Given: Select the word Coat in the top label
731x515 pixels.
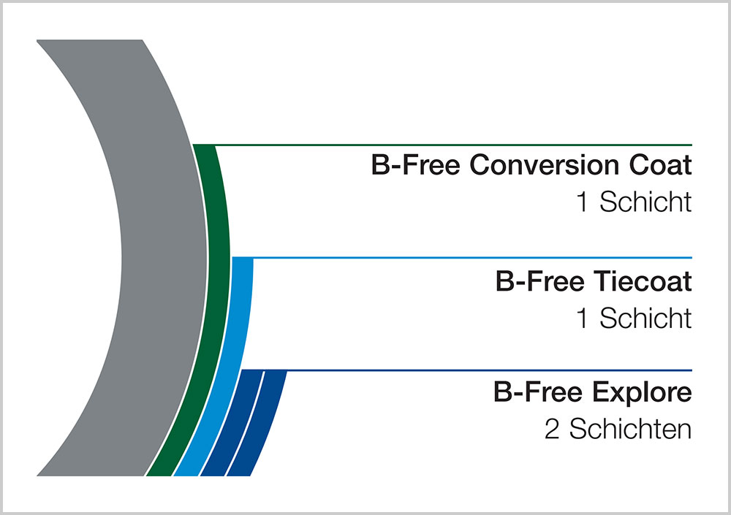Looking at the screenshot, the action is pyautogui.click(x=660, y=165).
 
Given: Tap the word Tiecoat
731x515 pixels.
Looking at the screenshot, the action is pyautogui.click(x=643, y=281).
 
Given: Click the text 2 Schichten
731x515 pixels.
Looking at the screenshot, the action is pyautogui.click(x=618, y=428).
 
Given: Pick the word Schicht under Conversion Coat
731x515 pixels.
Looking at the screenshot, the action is pyautogui.click(x=645, y=202).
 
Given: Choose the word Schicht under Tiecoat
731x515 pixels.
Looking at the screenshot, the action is pyautogui.click(x=645, y=318).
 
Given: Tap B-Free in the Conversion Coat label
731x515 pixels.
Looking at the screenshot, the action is pyautogui.click(x=416, y=165).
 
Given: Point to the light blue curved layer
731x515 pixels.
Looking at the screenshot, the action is pyautogui.click(x=241, y=327).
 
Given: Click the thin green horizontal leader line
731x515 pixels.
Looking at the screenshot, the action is pyautogui.click(x=443, y=145).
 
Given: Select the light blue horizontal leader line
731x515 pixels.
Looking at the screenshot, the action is pyautogui.click(x=462, y=258).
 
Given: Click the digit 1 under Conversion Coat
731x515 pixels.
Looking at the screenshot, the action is pyautogui.click(x=582, y=202).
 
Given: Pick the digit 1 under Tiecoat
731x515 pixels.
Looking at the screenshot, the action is pyautogui.click(x=582, y=318).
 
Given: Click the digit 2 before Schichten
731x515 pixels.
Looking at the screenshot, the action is pyautogui.click(x=552, y=429).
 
